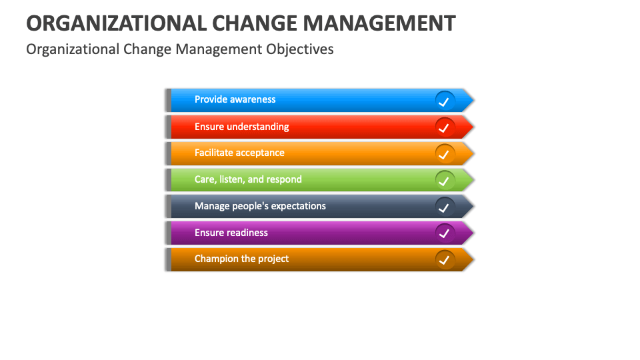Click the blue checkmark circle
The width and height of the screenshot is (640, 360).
[x=445, y=101]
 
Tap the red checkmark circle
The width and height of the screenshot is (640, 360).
[x=445, y=127]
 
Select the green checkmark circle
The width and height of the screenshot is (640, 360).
[x=445, y=180]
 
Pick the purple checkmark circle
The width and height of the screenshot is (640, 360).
[x=445, y=233]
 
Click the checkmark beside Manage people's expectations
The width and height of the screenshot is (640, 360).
[x=445, y=207]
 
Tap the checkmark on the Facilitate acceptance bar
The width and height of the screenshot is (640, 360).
[x=445, y=154]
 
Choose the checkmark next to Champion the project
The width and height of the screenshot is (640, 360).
[x=445, y=259]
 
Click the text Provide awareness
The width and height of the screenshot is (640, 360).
[x=235, y=99]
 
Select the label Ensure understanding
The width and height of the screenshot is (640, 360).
[x=241, y=127]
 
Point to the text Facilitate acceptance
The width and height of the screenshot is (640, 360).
[x=239, y=153]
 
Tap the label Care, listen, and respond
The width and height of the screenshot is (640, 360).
[x=248, y=179]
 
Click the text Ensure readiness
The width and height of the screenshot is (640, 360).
[x=231, y=233]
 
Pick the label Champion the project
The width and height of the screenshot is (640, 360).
[x=241, y=259]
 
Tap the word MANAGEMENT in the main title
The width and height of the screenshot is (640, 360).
[x=379, y=23]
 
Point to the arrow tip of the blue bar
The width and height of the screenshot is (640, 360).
[x=469, y=101]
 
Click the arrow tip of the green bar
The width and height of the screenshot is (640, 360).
[x=469, y=180]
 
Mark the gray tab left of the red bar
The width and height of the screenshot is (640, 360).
[x=168, y=127]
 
